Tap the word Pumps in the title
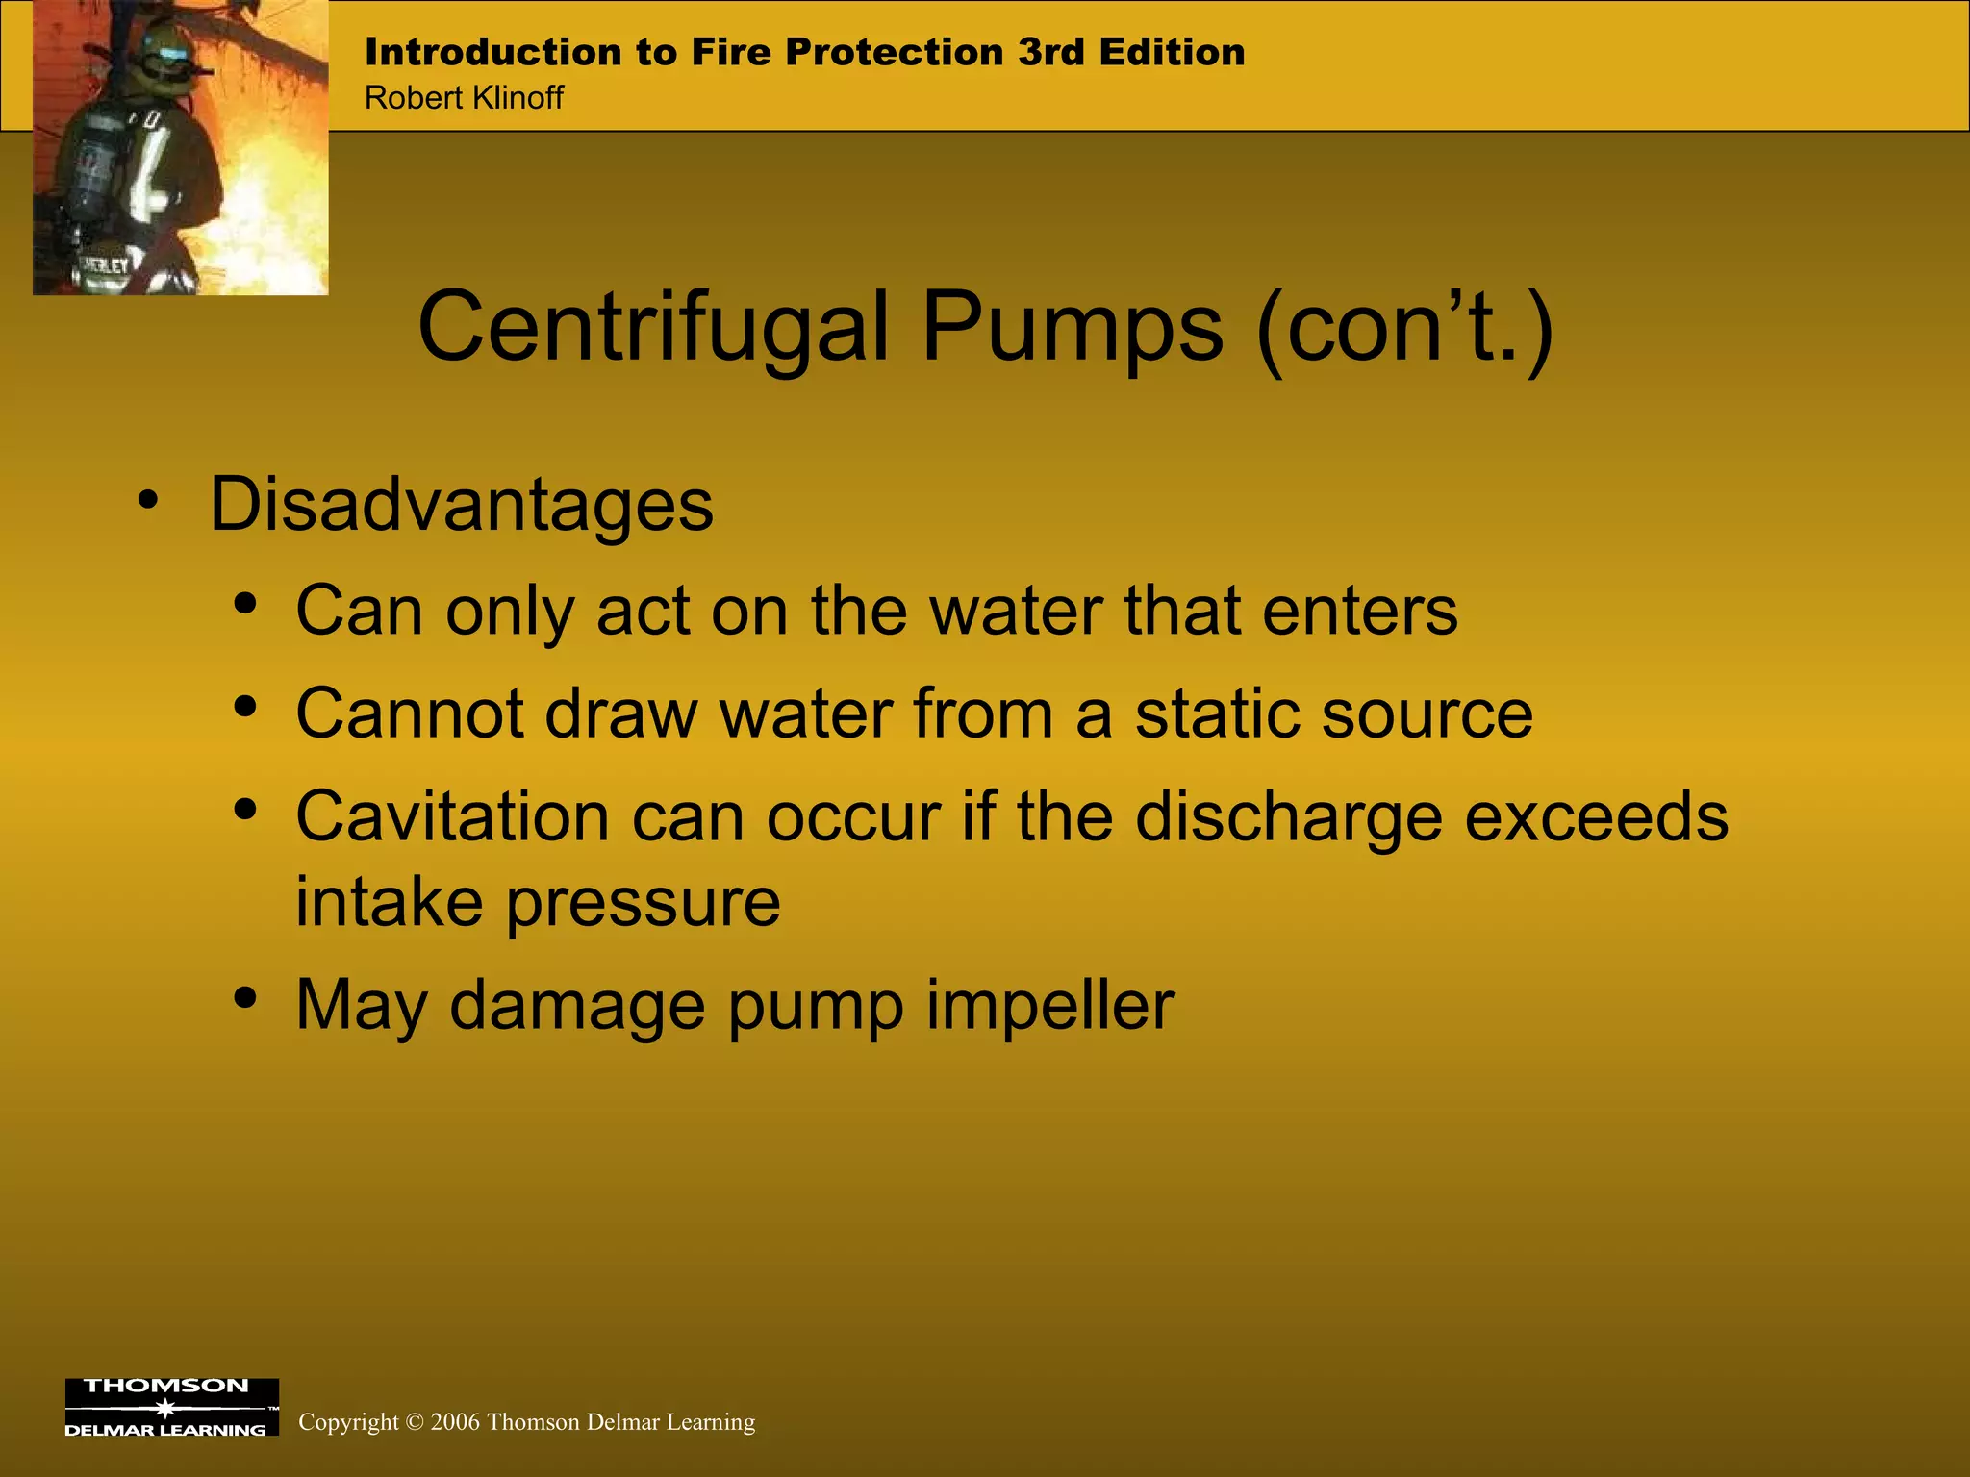tap(1073, 329)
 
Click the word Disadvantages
tap(462, 505)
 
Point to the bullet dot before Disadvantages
tap(147, 500)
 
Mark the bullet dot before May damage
tap(245, 998)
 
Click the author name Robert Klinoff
tap(464, 98)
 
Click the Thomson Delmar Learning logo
tap(171, 1407)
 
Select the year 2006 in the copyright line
tap(455, 1422)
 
